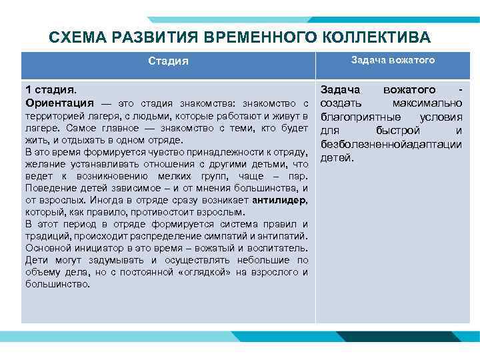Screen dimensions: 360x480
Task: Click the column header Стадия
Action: [168, 61]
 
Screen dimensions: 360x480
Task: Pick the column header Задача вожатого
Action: [393, 60]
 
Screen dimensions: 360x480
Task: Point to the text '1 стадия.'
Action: [51, 89]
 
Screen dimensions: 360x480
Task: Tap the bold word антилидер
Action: [279, 200]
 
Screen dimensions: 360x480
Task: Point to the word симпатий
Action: [214, 236]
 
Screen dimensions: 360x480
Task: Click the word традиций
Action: [47, 236]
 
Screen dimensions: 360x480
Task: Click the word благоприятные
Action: [358, 117]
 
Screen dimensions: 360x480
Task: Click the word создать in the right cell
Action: [340, 103]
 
